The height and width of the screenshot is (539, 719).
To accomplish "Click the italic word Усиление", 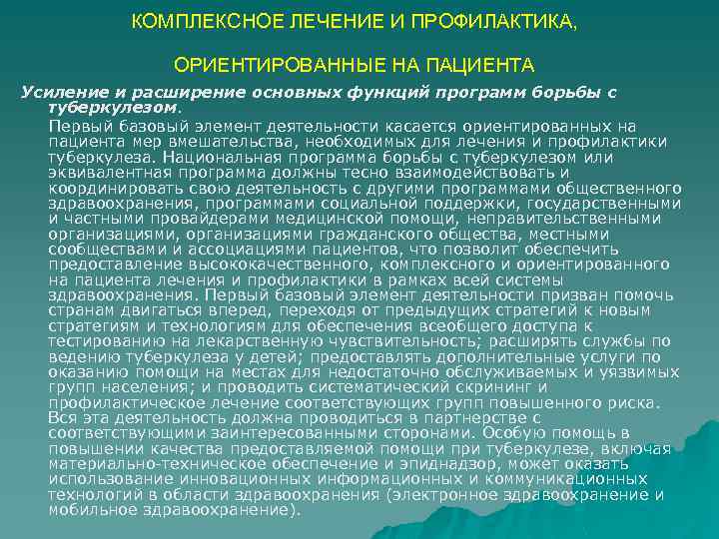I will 59,92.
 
